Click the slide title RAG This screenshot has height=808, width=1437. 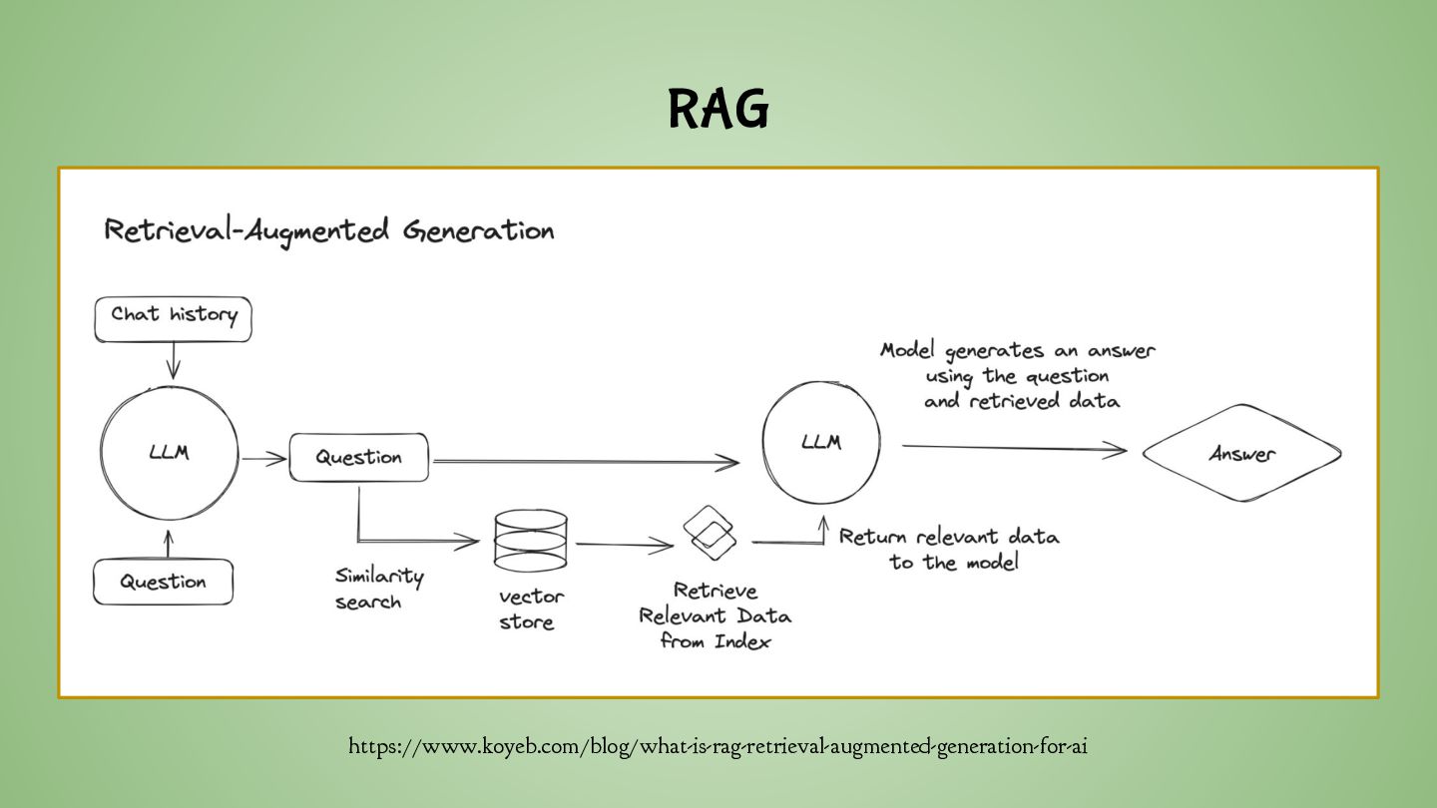click(718, 109)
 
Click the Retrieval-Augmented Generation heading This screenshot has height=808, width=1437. click(328, 230)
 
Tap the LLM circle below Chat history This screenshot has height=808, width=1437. click(170, 454)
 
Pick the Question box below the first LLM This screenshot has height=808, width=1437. click(163, 582)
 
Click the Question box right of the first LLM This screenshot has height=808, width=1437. click(359, 457)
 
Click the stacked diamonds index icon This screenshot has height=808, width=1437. click(710, 534)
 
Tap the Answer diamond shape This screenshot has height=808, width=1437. click(1241, 454)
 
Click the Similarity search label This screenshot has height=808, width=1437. click(378, 589)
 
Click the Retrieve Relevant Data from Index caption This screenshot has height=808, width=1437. click(715, 615)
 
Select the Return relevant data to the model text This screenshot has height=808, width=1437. click(948, 549)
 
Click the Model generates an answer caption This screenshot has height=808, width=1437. click(1017, 375)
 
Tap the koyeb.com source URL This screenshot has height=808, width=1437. click(718, 746)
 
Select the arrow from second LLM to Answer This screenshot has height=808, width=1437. click(1013, 448)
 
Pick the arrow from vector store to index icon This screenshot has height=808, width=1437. click(625, 545)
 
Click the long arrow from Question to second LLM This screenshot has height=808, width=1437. click(585, 462)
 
